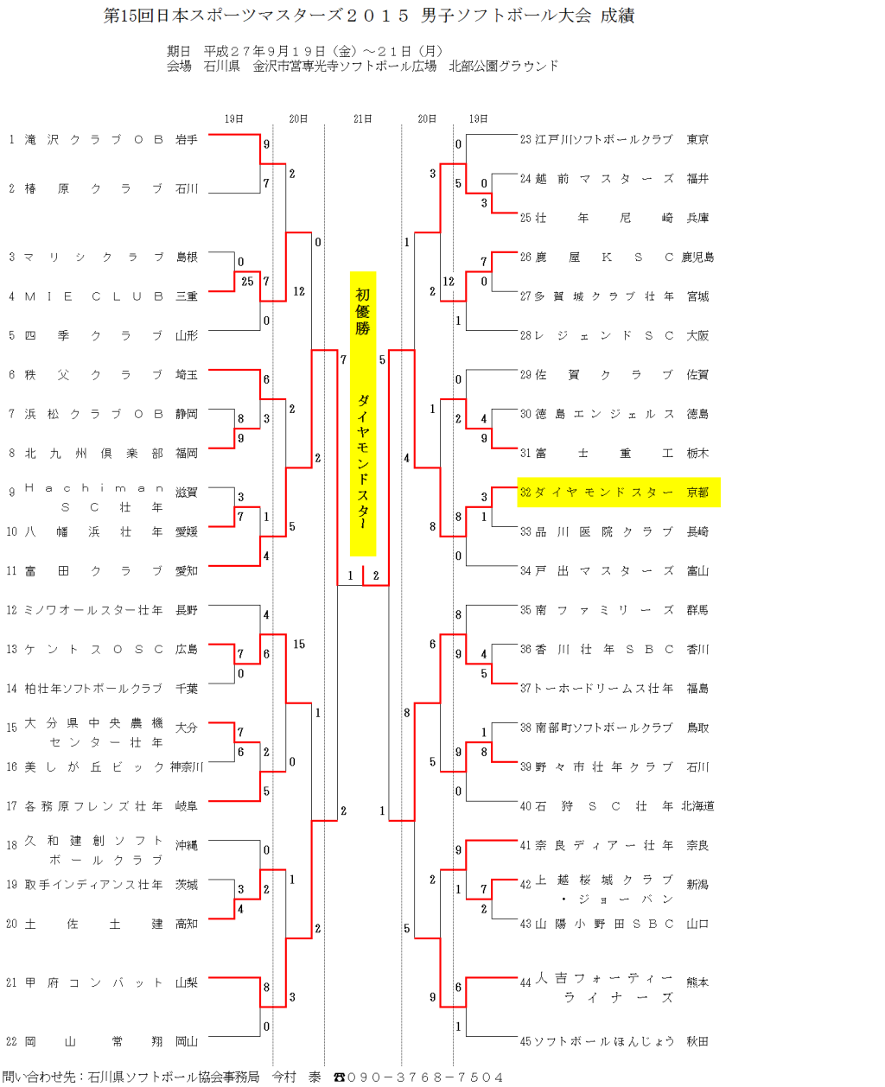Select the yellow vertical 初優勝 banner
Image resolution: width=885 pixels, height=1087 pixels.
pos(363,413)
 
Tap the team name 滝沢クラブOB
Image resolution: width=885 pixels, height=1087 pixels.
pos(94,139)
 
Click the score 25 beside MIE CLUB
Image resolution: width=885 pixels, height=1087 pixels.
pos(247,282)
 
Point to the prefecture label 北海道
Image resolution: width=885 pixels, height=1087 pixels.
pos(697,806)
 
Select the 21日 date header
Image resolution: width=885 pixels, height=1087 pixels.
pos(363,119)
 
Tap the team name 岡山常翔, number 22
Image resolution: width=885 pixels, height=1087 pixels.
pos(94,1041)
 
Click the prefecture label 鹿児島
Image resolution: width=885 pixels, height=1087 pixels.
pos(697,257)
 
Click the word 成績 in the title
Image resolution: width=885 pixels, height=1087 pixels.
pos(617,16)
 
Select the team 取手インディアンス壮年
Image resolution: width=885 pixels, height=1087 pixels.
pos(94,885)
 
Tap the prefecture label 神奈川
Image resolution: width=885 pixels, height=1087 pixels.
pos(187,767)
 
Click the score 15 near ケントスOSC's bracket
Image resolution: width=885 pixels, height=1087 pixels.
pos(299,645)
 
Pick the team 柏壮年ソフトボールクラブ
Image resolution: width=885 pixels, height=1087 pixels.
pos(94,689)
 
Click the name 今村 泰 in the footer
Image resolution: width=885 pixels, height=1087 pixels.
pos(296,1077)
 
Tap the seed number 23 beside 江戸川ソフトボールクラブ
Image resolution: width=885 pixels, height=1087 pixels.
pos(525,139)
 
